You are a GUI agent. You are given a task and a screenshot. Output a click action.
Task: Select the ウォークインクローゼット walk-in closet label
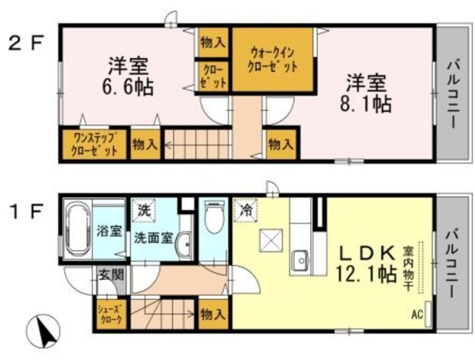tap(273, 59)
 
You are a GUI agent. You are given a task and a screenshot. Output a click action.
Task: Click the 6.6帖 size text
tap(127, 88)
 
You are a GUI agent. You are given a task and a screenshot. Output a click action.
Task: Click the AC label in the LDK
tap(417, 315)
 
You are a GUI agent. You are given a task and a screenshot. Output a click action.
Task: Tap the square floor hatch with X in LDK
tap(268, 240)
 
